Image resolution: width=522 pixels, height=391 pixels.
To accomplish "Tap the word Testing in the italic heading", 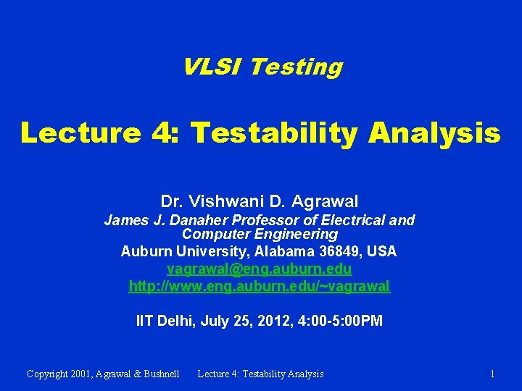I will point(295,67).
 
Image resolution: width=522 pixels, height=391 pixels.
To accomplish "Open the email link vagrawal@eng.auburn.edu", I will point(260,269).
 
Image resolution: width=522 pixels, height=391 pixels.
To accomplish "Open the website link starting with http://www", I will point(260,286).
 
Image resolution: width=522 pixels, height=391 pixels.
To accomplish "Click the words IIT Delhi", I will point(165,321).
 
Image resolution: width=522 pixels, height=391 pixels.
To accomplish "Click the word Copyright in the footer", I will point(50,374).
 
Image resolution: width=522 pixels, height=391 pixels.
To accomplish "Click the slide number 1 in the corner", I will point(492,374).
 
